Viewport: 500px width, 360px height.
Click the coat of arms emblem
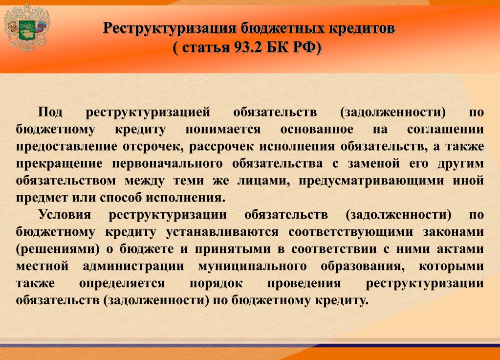click(27, 27)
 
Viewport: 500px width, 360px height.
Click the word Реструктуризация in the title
click(170, 28)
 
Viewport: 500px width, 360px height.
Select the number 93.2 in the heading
click(247, 47)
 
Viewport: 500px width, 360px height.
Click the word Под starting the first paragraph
click(50, 112)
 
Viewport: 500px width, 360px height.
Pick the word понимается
click(223, 130)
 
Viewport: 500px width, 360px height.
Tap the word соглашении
click(445, 130)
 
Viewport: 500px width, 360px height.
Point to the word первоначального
click(167, 164)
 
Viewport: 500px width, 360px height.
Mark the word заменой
click(373, 164)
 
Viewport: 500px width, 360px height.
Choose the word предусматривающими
click(371, 181)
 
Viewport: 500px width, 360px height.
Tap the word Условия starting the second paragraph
click(65, 214)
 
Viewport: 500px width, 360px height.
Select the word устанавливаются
click(222, 232)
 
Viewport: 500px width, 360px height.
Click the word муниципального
click(253, 266)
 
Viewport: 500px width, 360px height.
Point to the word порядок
click(216, 283)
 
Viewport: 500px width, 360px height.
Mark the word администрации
click(133, 266)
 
